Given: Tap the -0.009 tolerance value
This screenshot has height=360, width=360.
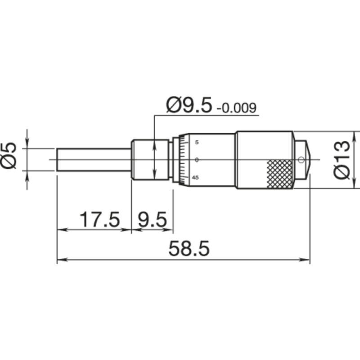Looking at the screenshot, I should [x=236, y=108].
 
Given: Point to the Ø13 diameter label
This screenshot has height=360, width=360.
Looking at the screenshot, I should [x=342, y=159].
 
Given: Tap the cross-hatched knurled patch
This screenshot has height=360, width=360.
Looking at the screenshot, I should [x=279, y=174].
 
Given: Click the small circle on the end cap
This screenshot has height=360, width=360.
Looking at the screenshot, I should [x=301, y=159].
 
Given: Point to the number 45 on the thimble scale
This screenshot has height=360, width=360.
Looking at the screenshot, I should [x=195, y=177].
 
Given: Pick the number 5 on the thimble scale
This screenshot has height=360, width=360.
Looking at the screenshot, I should [x=197, y=142].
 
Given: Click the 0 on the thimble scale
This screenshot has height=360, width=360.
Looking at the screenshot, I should [x=197, y=160].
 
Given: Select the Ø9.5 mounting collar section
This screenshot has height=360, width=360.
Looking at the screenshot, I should [x=151, y=159].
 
